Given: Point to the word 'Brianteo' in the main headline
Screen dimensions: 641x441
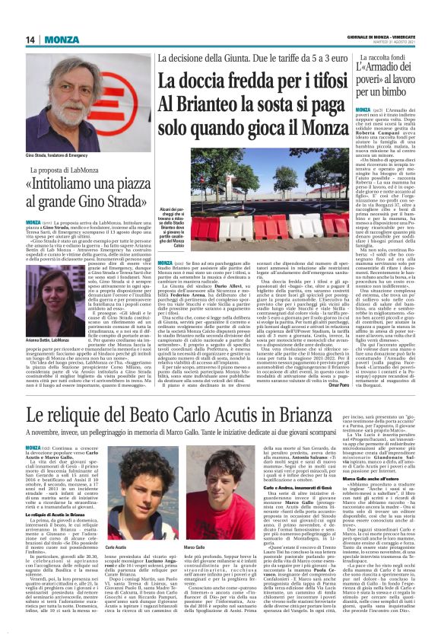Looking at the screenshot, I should point(210,105).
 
